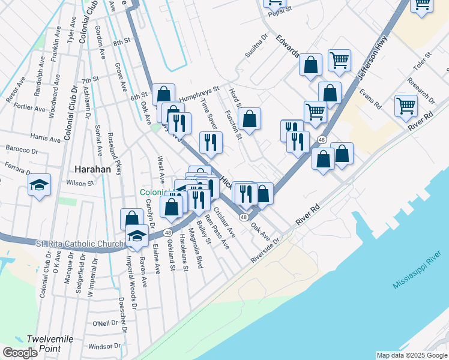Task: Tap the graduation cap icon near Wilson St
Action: pyautogui.click(x=39, y=185)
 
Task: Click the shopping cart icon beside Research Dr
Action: pyautogui.click(x=406, y=106)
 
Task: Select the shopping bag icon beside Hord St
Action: pyautogui.click(x=249, y=119)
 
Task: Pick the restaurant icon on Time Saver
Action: pyautogui.click(x=211, y=142)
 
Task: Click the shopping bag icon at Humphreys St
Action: pyautogui.click(x=163, y=94)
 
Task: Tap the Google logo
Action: pyautogui.click(x=20, y=352)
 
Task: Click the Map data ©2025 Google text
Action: pyautogui.click(x=412, y=355)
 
